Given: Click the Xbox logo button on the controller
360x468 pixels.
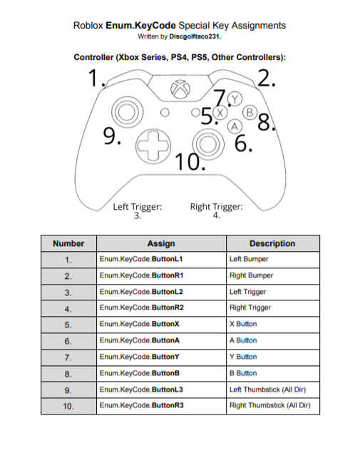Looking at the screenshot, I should [x=182, y=90].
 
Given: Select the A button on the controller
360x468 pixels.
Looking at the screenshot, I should [x=234, y=126].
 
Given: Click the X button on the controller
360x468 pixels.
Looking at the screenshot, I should [x=220, y=113].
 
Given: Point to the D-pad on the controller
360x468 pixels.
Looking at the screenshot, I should [x=151, y=143].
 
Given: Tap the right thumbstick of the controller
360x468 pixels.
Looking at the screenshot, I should [x=208, y=143].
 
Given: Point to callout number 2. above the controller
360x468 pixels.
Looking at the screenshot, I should [x=267, y=78].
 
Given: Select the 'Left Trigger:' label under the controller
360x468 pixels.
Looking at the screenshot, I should [x=138, y=207].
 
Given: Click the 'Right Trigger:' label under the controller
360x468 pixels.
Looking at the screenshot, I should [x=217, y=207].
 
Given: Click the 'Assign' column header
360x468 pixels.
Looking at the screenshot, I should [x=161, y=243].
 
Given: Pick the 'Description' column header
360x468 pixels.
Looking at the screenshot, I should [x=272, y=243].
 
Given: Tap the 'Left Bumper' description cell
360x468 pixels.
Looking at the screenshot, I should [x=249, y=259].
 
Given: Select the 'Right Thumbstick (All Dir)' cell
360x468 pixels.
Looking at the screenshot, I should [x=270, y=406].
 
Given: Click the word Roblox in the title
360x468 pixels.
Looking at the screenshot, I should [x=88, y=25].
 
